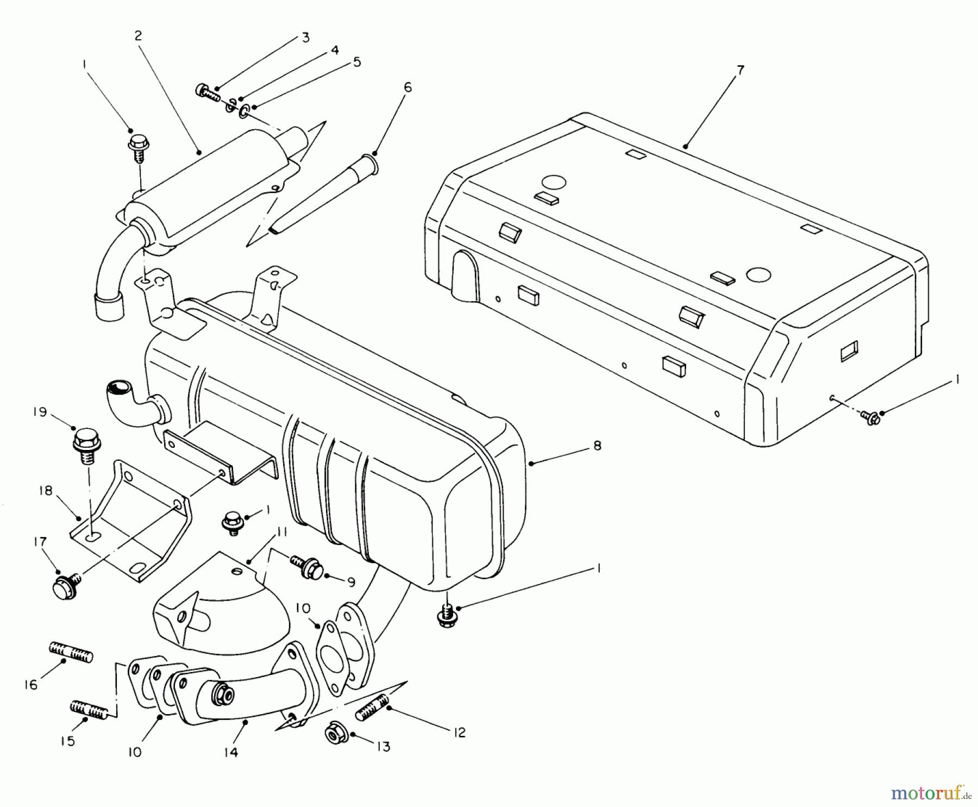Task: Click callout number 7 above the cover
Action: [741, 71]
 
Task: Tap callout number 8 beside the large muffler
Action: [598, 446]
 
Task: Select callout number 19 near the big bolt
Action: [39, 412]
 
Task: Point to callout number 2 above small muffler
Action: [138, 36]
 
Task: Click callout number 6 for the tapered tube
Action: [407, 87]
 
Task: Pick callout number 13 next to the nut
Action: [384, 747]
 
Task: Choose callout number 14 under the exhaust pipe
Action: [231, 753]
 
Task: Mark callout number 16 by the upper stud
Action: [30, 685]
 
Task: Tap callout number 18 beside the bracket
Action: [45, 491]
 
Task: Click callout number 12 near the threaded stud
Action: [460, 733]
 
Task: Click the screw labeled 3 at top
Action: [207, 92]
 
